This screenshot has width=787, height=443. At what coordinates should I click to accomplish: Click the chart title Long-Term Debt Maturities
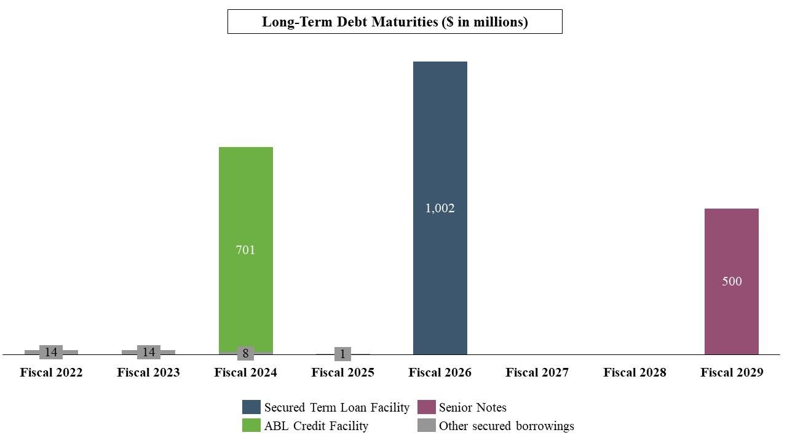395,22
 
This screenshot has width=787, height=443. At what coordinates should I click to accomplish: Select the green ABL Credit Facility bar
245,185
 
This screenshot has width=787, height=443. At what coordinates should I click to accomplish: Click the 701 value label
245,250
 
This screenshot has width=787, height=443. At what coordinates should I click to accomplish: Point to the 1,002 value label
440,209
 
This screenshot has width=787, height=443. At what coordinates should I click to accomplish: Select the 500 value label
731,282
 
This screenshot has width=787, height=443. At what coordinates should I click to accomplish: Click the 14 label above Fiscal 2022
51,353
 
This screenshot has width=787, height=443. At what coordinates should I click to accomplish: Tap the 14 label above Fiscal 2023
148,353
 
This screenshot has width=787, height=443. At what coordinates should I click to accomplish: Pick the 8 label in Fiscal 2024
245,354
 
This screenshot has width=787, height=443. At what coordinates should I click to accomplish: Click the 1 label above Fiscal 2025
342,354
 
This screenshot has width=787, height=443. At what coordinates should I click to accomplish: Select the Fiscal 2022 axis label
51,373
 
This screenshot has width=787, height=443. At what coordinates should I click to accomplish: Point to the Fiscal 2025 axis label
342,373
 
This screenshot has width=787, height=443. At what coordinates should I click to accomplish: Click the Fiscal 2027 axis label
537,373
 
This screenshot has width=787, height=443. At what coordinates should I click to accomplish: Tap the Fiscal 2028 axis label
634,373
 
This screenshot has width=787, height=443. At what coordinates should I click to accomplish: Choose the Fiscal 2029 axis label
731,373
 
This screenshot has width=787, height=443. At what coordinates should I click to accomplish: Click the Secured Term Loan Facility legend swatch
251,407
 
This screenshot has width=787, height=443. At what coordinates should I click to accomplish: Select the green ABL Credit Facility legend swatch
251,426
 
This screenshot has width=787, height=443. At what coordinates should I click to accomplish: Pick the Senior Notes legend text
472,407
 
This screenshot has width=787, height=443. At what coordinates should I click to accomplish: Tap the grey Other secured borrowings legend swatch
426,426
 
